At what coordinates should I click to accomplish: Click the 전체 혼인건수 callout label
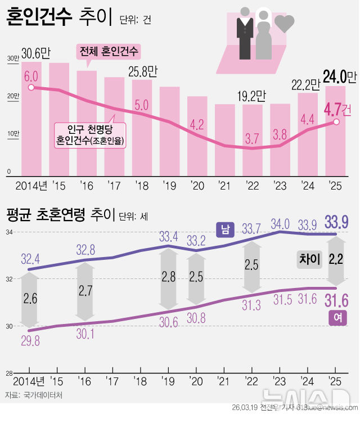pos(109,52)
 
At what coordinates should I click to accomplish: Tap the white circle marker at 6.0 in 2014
pos(30,87)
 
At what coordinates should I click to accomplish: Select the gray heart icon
pos(285,23)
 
